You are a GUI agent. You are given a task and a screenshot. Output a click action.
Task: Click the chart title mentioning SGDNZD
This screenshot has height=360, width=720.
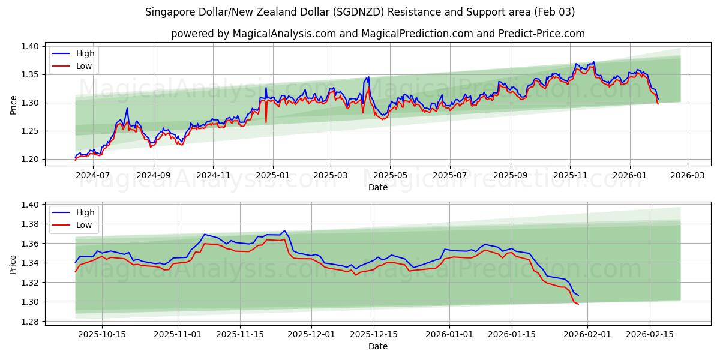click(360, 12)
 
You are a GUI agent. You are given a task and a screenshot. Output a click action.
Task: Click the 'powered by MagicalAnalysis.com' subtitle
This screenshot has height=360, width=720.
click(378, 34)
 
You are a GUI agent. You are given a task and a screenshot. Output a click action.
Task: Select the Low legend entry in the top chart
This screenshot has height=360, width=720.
click(84, 66)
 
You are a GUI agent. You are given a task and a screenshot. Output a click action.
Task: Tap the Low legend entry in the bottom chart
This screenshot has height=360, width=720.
click(84, 225)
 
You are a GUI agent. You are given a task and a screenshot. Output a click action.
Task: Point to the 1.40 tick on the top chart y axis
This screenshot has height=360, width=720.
click(31, 46)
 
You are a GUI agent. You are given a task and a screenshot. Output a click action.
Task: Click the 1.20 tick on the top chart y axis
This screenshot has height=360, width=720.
click(31, 159)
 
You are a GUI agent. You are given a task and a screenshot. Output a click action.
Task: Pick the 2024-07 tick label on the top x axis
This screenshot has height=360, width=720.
click(93, 176)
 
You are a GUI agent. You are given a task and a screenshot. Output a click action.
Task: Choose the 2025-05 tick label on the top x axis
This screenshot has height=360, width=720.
click(390, 176)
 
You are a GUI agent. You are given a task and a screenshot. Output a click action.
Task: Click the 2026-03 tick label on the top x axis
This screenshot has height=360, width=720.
click(687, 176)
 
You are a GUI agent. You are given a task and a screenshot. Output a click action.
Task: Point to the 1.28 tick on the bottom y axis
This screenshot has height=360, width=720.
click(31, 322)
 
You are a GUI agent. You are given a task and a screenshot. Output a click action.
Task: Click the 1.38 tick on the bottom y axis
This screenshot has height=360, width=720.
click(31, 224)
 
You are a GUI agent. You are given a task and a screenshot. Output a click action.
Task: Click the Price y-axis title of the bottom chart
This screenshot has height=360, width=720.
click(13, 264)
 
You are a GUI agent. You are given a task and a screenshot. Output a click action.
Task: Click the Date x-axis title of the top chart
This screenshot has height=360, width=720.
click(378, 187)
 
